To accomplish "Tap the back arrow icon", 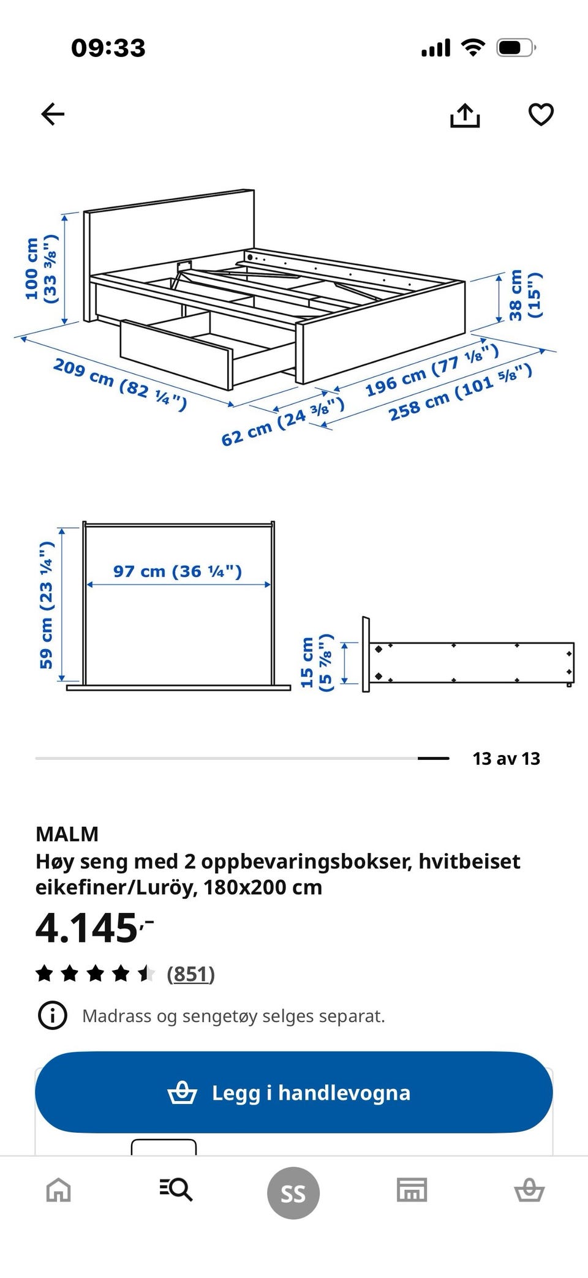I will (53, 114).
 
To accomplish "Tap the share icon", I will (465, 115).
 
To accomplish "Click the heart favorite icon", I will (541, 115).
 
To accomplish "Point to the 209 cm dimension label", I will (119, 383).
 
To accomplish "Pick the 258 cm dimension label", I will (459, 392).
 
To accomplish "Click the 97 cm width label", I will (178, 571).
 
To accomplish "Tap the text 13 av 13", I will (506, 758).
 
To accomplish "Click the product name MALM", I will (67, 833).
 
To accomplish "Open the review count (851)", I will (190, 974).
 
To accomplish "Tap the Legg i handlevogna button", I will (293, 1092).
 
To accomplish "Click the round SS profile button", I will (293, 1193).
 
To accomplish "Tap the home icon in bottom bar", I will (59, 1190).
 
